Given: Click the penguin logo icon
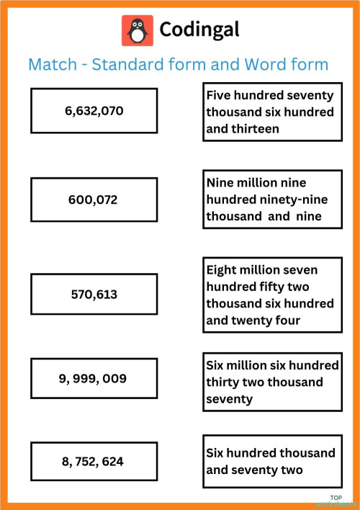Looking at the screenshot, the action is tap(137, 30).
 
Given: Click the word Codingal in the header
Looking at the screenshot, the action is tap(199, 30).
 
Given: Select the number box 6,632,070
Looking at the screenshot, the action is tap(94, 111).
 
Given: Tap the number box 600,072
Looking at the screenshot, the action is tap(94, 200).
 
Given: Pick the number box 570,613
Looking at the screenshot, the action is tap(94, 294).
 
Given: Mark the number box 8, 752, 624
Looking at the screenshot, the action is tap(94, 462).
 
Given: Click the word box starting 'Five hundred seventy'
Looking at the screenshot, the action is tap(271, 112).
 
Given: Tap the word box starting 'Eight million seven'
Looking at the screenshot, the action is tap(271, 295).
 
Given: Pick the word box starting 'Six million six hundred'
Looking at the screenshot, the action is tap(271, 382).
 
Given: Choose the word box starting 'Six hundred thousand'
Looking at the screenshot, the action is tap(271, 462).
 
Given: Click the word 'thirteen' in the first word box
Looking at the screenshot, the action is tap(256, 130).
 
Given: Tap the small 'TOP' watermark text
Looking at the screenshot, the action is tap(336, 497).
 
